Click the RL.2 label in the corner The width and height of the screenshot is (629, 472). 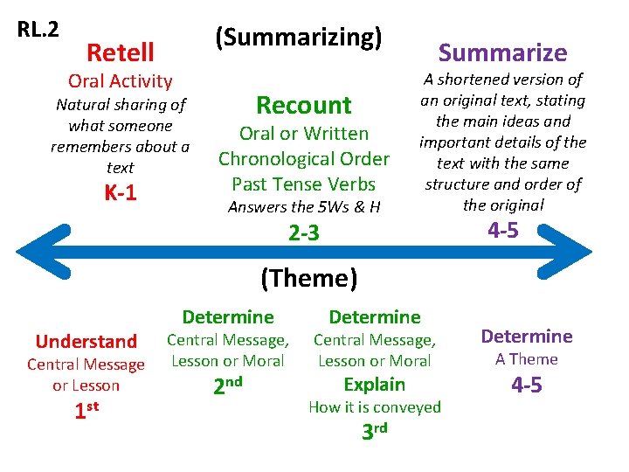(x=38, y=29)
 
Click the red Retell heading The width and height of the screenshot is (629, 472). (x=121, y=52)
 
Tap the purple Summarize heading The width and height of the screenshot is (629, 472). (x=502, y=52)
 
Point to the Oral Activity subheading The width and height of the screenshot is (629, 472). (x=121, y=81)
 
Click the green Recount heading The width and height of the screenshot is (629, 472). (x=303, y=105)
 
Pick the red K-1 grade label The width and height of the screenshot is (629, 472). (x=121, y=193)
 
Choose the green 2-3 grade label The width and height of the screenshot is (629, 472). (x=303, y=233)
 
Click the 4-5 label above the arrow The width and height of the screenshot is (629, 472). (x=502, y=231)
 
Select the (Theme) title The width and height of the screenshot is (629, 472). (x=309, y=278)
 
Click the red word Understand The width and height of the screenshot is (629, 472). (x=86, y=341)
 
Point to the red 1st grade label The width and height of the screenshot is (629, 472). (x=86, y=408)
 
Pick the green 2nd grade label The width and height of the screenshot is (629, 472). (x=227, y=385)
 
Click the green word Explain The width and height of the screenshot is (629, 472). (x=374, y=385)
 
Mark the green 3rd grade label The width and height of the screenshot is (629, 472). (x=374, y=431)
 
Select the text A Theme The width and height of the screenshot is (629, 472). (x=526, y=359)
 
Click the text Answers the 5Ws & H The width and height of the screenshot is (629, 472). (x=303, y=207)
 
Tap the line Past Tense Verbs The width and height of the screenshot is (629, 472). (x=303, y=184)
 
